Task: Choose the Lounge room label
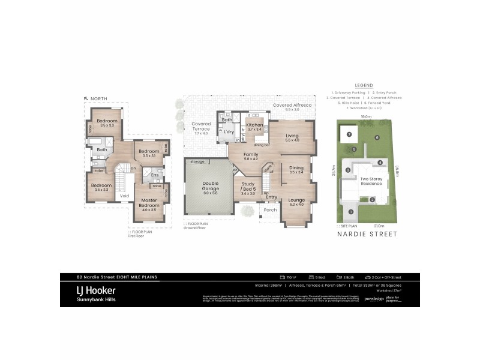(x=297, y=200)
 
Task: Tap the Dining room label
(x=296, y=169)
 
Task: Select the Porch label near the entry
(x=270, y=210)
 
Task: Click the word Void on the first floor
(x=124, y=196)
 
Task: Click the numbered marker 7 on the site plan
(x=348, y=134)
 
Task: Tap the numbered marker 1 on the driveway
(x=350, y=211)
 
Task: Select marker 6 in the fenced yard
(x=377, y=137)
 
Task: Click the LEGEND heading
(x=364, y=85)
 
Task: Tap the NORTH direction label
(x=98, y=98)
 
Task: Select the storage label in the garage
(x=197, y=161)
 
